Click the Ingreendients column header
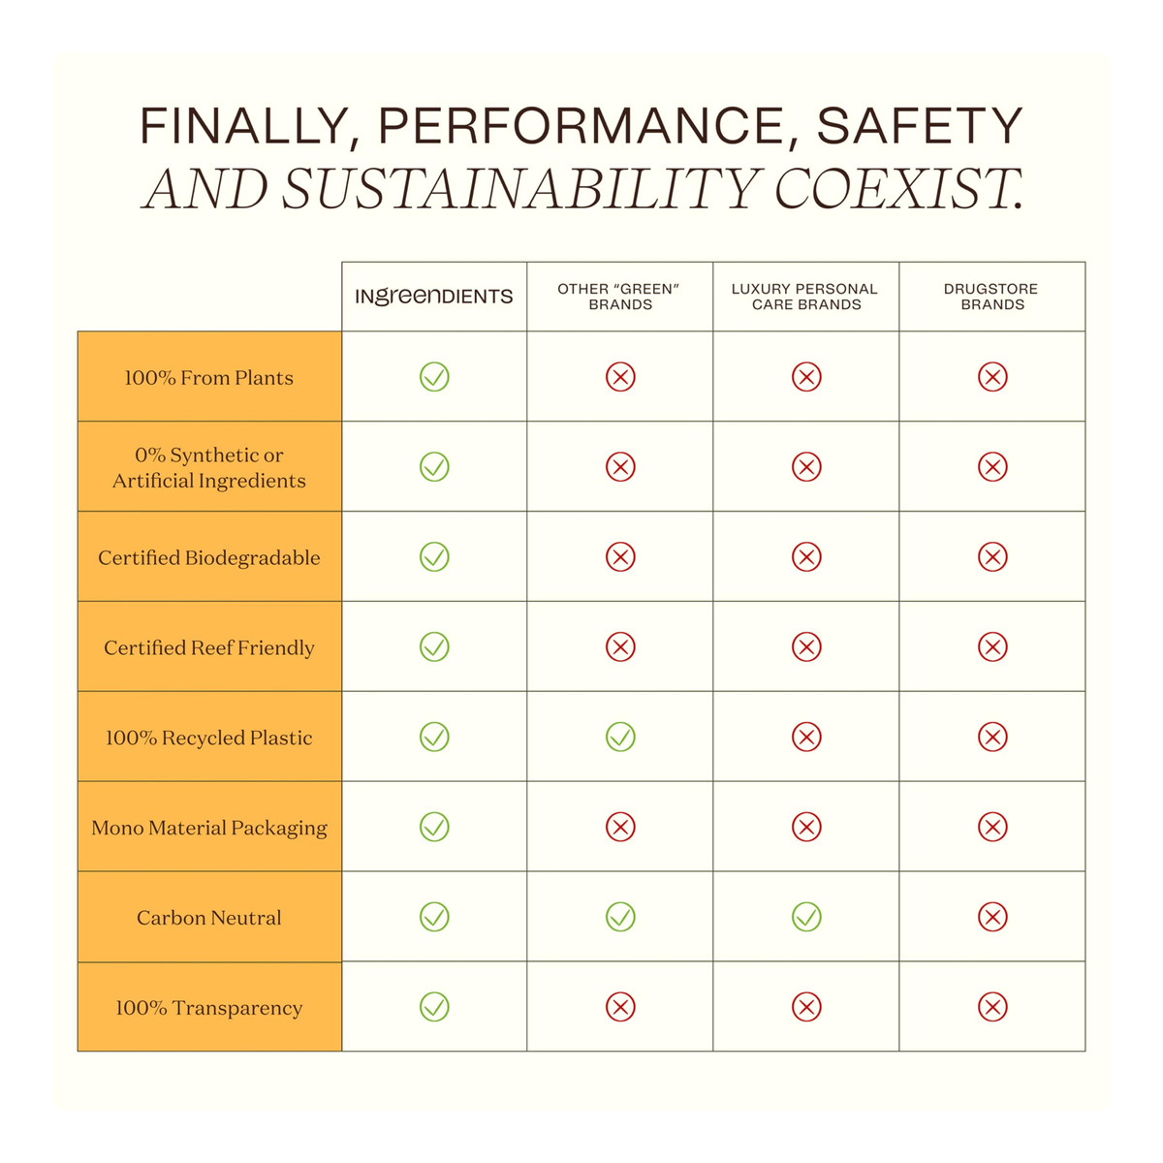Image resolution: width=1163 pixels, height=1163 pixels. coord(434,297)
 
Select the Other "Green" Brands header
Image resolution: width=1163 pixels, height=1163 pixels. coord(620,297)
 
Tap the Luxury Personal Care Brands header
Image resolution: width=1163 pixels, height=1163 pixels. coord(805,297)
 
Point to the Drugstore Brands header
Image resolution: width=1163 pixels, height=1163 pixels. coord(991,297)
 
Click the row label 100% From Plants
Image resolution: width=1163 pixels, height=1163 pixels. coord(209,378)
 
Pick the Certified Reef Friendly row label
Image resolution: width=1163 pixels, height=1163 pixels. coord(209,647)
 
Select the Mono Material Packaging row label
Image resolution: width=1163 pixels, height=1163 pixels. coord(209,828)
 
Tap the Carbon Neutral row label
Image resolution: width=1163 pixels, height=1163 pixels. coord(209,918)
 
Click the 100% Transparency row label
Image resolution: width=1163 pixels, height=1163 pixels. coord(209,1008)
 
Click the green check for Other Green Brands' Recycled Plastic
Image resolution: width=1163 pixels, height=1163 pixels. coord(620,738)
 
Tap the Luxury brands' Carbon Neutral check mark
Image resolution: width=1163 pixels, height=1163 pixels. coord(806,917)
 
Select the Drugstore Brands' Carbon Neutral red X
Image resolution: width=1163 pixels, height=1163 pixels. coord(992,917)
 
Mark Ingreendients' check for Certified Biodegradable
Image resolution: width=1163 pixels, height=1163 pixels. coord(434,557)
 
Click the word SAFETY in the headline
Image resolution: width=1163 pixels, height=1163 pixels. coord(920,126)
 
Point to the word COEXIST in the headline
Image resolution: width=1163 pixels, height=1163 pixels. coord(897,188)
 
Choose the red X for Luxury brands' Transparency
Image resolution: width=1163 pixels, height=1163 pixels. coord(806,1007)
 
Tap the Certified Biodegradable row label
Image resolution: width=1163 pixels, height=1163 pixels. coord(209,558)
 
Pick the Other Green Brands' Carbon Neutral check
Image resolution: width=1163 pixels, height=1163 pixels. coord(620,917)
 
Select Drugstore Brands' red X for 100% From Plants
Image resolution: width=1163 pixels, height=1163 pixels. coord(992,377)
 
